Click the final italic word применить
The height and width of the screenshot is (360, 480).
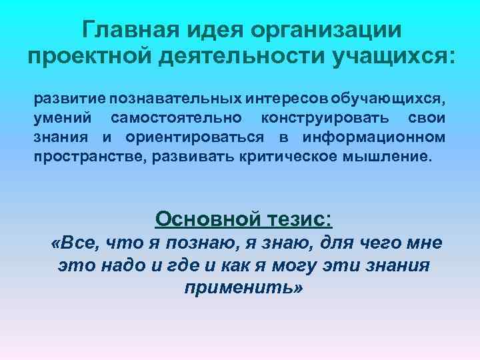pyautogui.click(x=242, y=289)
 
